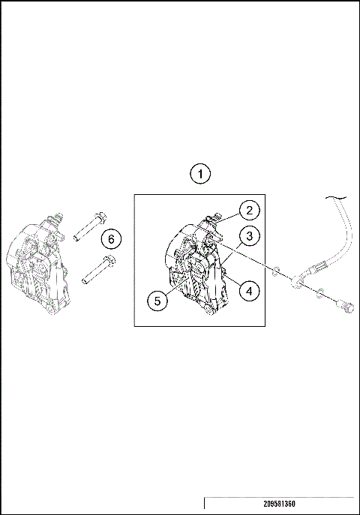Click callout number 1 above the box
tap(199, 174)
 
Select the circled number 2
tap(250, 211)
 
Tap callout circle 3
tap(250, 236)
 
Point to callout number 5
tap(156, 301)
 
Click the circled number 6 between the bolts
tap(110, 239)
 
